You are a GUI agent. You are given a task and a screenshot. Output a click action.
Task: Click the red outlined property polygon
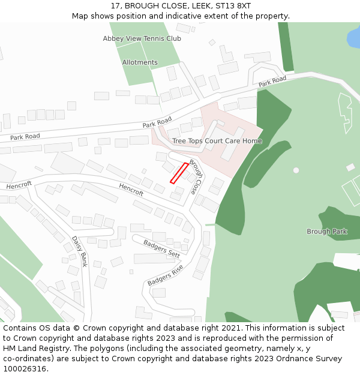179,173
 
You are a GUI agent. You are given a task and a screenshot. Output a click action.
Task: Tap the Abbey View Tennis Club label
142,38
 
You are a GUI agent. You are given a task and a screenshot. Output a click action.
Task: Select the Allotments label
140,62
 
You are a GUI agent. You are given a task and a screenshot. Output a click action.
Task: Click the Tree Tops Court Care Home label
217,141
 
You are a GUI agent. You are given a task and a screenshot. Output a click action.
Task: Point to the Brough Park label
326,232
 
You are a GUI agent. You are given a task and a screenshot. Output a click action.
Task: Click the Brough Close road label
196,176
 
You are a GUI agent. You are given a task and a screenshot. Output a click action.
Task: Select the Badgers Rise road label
165,275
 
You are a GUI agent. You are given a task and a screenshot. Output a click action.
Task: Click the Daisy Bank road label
80,251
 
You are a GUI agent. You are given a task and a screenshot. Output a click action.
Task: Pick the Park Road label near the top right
272,82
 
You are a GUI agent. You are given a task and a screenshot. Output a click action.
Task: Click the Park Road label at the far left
25,137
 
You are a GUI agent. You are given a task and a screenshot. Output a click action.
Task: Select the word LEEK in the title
199,6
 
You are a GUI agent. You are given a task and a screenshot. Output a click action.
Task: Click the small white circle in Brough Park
296,170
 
